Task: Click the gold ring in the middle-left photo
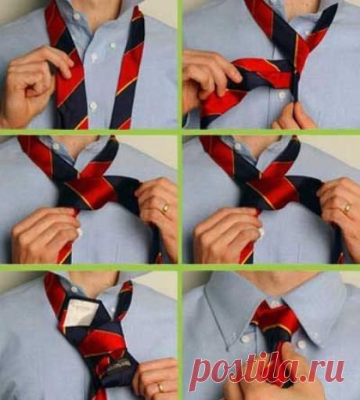tap(164, 208)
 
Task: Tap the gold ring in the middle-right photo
tap(347, 208)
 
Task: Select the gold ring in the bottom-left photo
tap(160, 386)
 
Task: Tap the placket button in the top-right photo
tap(279, 93)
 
